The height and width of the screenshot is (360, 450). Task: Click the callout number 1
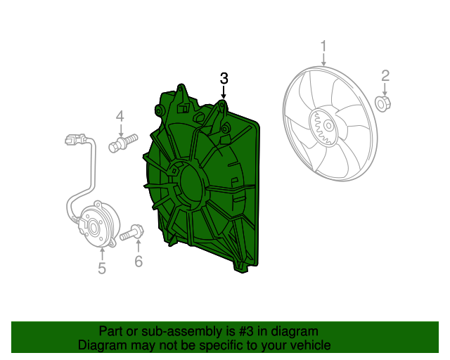323,46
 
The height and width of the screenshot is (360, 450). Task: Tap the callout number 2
385,75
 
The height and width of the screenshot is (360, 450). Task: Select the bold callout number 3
224,78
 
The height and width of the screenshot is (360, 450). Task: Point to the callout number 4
120,116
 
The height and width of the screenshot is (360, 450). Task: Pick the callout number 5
102,268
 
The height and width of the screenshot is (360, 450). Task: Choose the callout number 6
139,262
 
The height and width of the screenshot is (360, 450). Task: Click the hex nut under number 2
383,103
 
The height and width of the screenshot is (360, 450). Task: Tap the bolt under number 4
123,143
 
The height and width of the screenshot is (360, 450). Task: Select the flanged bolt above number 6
132,233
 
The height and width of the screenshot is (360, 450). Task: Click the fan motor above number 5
98,224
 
